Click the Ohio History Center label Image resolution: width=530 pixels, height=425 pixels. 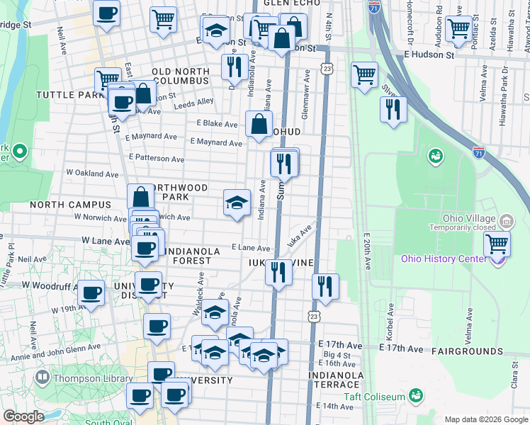coord(444,259)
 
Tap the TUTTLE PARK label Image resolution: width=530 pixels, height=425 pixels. coord(68,95)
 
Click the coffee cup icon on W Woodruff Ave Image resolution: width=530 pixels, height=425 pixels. coord(91,292)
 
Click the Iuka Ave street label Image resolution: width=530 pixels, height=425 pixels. coord(300,237)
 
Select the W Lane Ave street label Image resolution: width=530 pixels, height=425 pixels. coord(105,242)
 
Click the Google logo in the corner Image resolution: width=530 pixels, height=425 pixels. coord(23,416)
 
